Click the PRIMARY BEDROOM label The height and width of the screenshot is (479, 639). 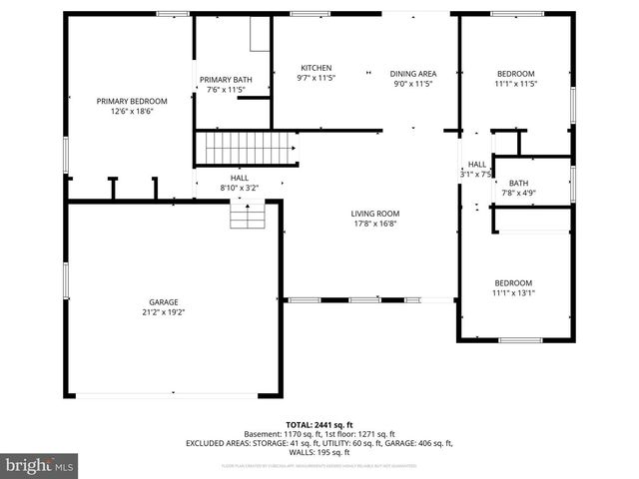pos(131,101)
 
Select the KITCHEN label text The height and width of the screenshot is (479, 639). pos(317,68)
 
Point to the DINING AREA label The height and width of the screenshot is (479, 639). pos(412,73)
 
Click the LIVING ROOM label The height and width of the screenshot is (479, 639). pos(374,214)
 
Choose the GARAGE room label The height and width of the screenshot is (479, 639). pos(164,301)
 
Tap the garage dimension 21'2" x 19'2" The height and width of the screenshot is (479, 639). pos(164,311)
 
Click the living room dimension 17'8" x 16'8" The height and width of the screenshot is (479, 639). pos(374,225)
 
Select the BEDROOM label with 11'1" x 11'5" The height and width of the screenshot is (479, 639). pos(516,74)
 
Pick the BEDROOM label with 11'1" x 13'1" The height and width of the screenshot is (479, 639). pos(512,282)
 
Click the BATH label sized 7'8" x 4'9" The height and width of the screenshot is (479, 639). pos(518,183)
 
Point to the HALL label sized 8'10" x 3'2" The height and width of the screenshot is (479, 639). pos(240,177)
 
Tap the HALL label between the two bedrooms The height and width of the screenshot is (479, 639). pos(477,165)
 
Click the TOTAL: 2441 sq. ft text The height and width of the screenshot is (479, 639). pos(319,424)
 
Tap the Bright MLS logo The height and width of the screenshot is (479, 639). pos(40,465)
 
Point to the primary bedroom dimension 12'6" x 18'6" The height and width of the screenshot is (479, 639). pos(131,112)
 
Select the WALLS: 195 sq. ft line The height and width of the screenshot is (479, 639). pos(319,452)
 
